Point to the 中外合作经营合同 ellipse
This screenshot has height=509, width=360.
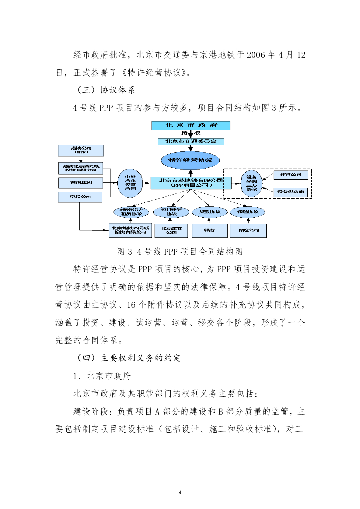(x=130, y=183)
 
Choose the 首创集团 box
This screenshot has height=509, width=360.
(x=81, y=183)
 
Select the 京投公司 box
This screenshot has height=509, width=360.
(x=81, y=197)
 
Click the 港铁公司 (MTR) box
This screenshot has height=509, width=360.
(x=81, y=150)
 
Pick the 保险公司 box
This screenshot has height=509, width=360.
(x=248, y=230)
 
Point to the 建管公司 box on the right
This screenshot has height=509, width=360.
(x=291, y=175)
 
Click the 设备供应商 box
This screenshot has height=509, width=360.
(x=291, y=191)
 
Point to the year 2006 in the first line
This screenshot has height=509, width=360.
(x=258, y=54)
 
